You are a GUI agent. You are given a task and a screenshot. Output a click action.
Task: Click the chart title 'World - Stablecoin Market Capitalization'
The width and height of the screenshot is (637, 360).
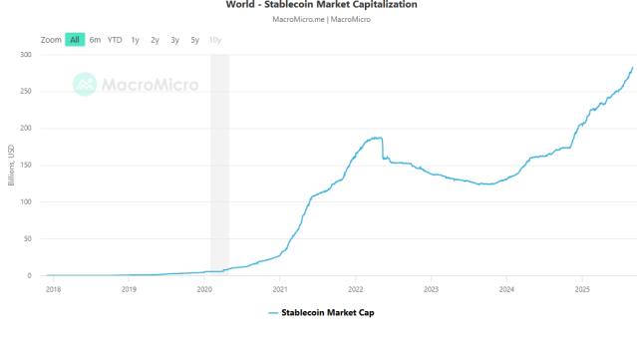point(321,5)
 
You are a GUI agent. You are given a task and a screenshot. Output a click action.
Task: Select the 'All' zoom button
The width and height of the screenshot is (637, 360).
point(75,40)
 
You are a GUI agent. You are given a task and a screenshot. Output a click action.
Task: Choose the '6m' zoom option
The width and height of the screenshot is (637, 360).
point(95,40)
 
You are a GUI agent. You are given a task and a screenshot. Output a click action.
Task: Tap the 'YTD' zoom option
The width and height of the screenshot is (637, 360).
point(115,40)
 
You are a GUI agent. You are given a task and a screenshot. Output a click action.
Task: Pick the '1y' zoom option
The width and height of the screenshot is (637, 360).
point(135,40)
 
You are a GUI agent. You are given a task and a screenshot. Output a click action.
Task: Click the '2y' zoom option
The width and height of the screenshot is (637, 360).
point(155,40)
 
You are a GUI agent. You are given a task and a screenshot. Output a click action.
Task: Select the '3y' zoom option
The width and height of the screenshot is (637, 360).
point(174,40)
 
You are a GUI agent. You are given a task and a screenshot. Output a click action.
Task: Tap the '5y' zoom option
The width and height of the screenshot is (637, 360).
point(194,40)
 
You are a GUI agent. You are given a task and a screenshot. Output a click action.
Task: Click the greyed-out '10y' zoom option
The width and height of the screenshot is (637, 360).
point(215,40)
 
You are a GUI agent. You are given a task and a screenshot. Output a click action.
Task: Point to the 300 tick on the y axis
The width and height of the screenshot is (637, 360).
point(26,55)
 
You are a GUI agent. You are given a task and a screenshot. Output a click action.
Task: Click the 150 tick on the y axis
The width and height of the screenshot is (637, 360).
point(26,166)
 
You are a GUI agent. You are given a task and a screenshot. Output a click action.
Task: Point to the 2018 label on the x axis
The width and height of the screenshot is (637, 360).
point(53,289)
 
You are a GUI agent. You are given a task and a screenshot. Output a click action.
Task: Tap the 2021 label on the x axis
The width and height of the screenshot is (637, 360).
point(280,289)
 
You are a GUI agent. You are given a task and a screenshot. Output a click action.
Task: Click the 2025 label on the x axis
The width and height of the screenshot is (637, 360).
point(582,289)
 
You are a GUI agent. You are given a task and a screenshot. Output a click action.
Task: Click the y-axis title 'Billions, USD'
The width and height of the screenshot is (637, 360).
point(11,166)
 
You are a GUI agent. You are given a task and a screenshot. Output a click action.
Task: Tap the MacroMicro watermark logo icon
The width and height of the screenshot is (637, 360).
point(86,84)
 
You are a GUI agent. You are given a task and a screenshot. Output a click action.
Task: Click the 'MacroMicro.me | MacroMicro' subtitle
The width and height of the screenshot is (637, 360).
point(321,20)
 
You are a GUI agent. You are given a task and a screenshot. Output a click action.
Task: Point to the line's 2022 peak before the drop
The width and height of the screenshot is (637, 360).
point(380,138)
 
